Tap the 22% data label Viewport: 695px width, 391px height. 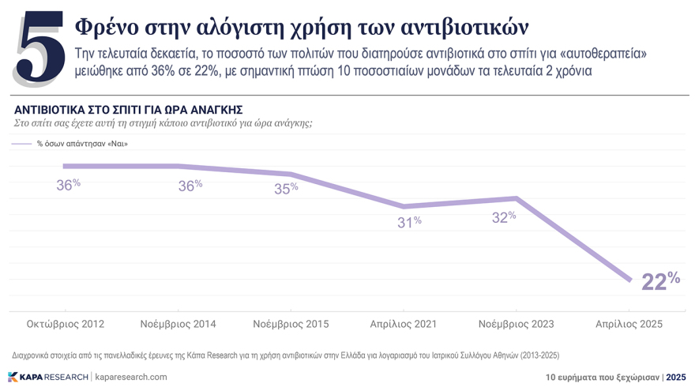click(660, 280)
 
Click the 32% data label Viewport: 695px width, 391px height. click(503, 217)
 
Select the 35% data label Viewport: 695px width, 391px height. click(285, 189)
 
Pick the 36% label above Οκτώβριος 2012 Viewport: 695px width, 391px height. click(69, 184)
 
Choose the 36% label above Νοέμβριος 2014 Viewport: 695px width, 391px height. click(190, 186)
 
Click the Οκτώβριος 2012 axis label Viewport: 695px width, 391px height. click(66, 325)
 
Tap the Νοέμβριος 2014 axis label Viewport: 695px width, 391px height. click(178, 325)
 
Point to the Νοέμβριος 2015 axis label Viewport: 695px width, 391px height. click(291, 325)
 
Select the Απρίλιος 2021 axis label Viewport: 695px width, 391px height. click(403, 325)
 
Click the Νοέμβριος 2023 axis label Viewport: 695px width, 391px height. click(517, 325)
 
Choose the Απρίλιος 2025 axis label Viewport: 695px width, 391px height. click(629, 325)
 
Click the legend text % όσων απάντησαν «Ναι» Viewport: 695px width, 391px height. click(82, 144)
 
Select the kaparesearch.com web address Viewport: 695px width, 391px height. click(131, 377)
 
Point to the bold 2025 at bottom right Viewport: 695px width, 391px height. click(676, 378)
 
